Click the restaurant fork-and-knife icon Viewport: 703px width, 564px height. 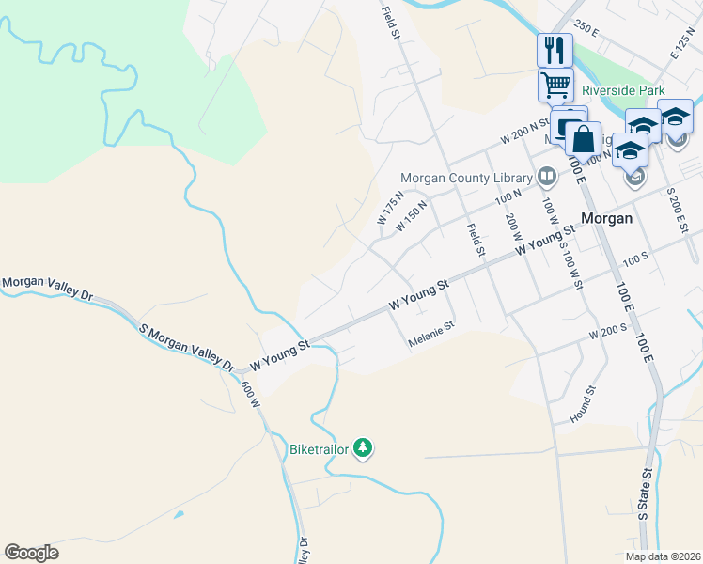tap(555, 49)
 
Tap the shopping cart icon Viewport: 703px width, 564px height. tap(555, 85)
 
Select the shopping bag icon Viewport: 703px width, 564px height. tap(583, 139)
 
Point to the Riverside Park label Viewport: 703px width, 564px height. tap(622, 91)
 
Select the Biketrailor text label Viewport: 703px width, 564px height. tap(319, 449)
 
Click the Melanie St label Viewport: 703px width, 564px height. tap(431, 335)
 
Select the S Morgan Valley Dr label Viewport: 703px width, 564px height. tap(186, 345)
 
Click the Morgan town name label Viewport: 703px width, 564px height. tap(606, 217)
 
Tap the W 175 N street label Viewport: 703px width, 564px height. tap(391, 208)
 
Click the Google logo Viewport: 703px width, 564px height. tap(31, 553)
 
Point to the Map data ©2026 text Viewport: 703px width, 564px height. tap(663, 556)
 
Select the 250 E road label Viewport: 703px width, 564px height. tap(587, 30)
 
